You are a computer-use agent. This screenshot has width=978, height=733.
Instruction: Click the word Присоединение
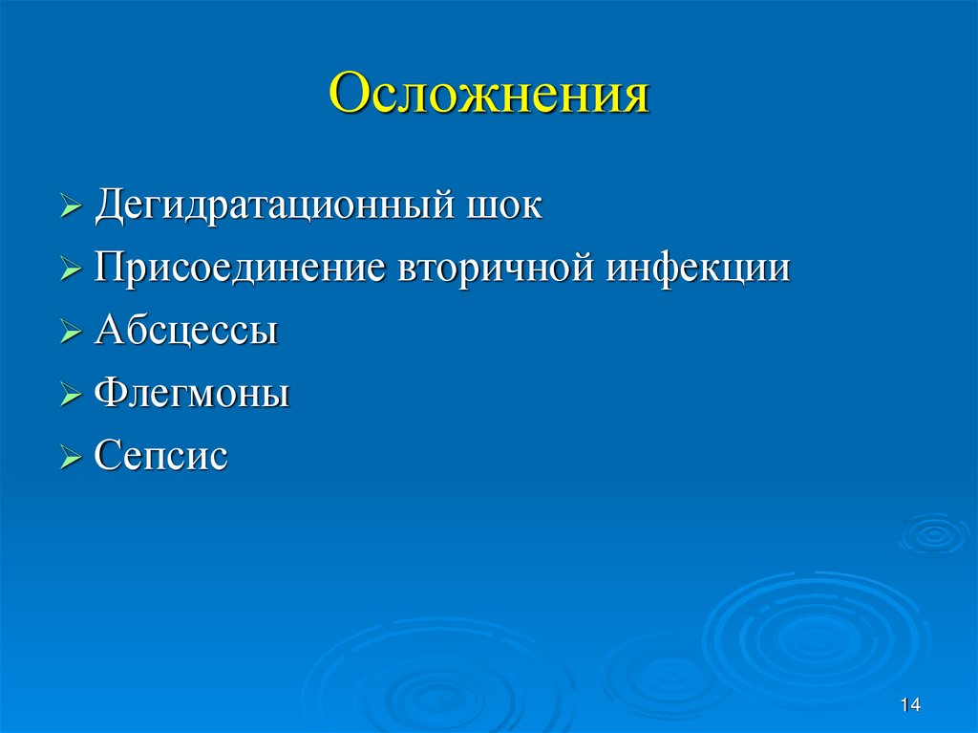pos(239,269)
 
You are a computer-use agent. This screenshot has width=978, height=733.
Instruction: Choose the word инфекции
pos(698,269)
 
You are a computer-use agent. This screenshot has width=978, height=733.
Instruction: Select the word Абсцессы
pos(186,331)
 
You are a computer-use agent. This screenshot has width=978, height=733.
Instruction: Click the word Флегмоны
pos(192,394)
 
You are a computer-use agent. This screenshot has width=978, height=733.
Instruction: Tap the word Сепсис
pos(161,456)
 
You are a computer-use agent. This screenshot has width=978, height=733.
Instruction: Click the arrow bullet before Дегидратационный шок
pos(72,208)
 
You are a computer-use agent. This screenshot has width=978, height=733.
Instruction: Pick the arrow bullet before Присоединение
pos(72,270)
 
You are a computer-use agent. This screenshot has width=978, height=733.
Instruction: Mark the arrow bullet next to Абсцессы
pos(72,333)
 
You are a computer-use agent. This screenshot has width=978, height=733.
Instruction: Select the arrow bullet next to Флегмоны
pos(72,396)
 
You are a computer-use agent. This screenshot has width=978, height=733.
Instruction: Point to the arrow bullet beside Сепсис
pos(72,458)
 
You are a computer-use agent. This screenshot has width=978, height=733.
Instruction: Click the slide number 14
pos(909,705)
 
